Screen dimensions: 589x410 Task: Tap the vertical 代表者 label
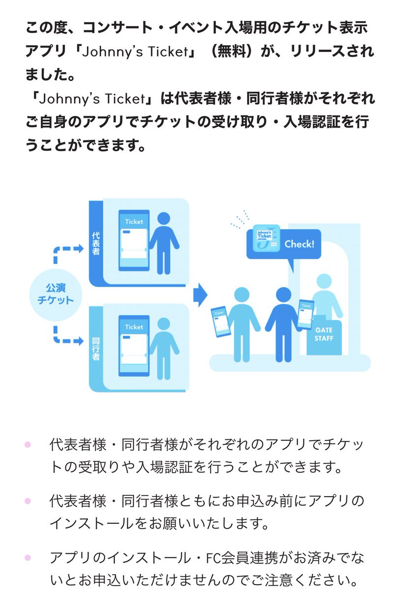coord(96,243)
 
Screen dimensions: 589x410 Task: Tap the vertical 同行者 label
coord(96,348)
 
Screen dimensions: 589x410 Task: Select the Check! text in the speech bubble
coord(299,244)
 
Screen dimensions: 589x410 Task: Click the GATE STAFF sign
coord(324,335)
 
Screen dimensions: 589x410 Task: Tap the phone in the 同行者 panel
coord(134,347)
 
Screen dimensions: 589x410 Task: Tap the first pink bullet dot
coord(27,445)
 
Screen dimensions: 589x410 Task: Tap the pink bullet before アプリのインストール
coord(27,558)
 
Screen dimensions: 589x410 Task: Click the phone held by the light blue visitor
coord(219,320)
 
